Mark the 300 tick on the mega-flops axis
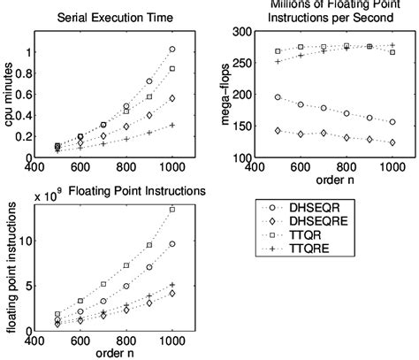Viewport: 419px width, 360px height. (x=240, y=32)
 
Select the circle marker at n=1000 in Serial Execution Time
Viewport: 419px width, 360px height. (x=172, y=50)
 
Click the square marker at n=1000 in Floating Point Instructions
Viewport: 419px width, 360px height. (x=172, y=210)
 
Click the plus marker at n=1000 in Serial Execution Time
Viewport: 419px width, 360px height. (x=172, y=125)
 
